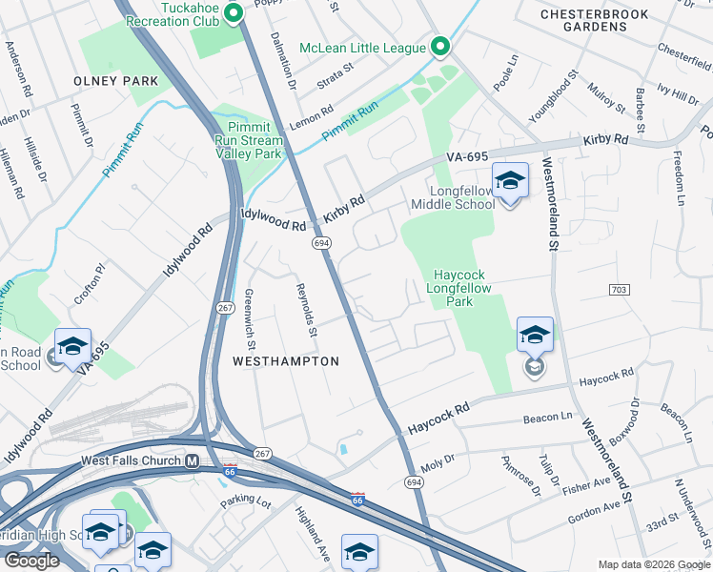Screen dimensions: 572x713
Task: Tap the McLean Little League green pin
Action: tap(439, 47)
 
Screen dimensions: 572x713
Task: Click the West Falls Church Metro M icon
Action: tap(192, 461)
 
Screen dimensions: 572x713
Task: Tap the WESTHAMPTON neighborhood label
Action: tap(286, 361)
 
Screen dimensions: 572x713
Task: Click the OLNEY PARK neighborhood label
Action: tap(115, 81)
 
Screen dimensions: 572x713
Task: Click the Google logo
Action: tap(31, 561)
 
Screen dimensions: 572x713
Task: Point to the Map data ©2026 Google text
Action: tap(654, 564)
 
